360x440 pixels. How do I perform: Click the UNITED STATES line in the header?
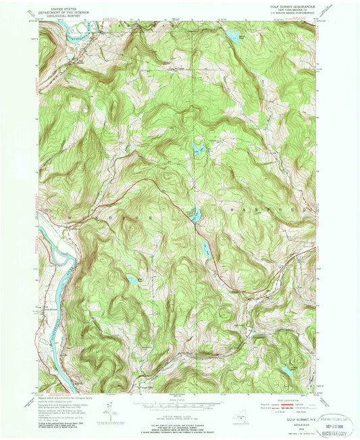(66, 6)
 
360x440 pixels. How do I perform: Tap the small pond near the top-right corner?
(232, 35)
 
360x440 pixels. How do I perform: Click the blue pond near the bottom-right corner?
(286, 371)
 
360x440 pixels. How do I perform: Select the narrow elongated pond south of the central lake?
(205, 249)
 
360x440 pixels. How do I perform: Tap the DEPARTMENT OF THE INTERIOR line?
(66, 10)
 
